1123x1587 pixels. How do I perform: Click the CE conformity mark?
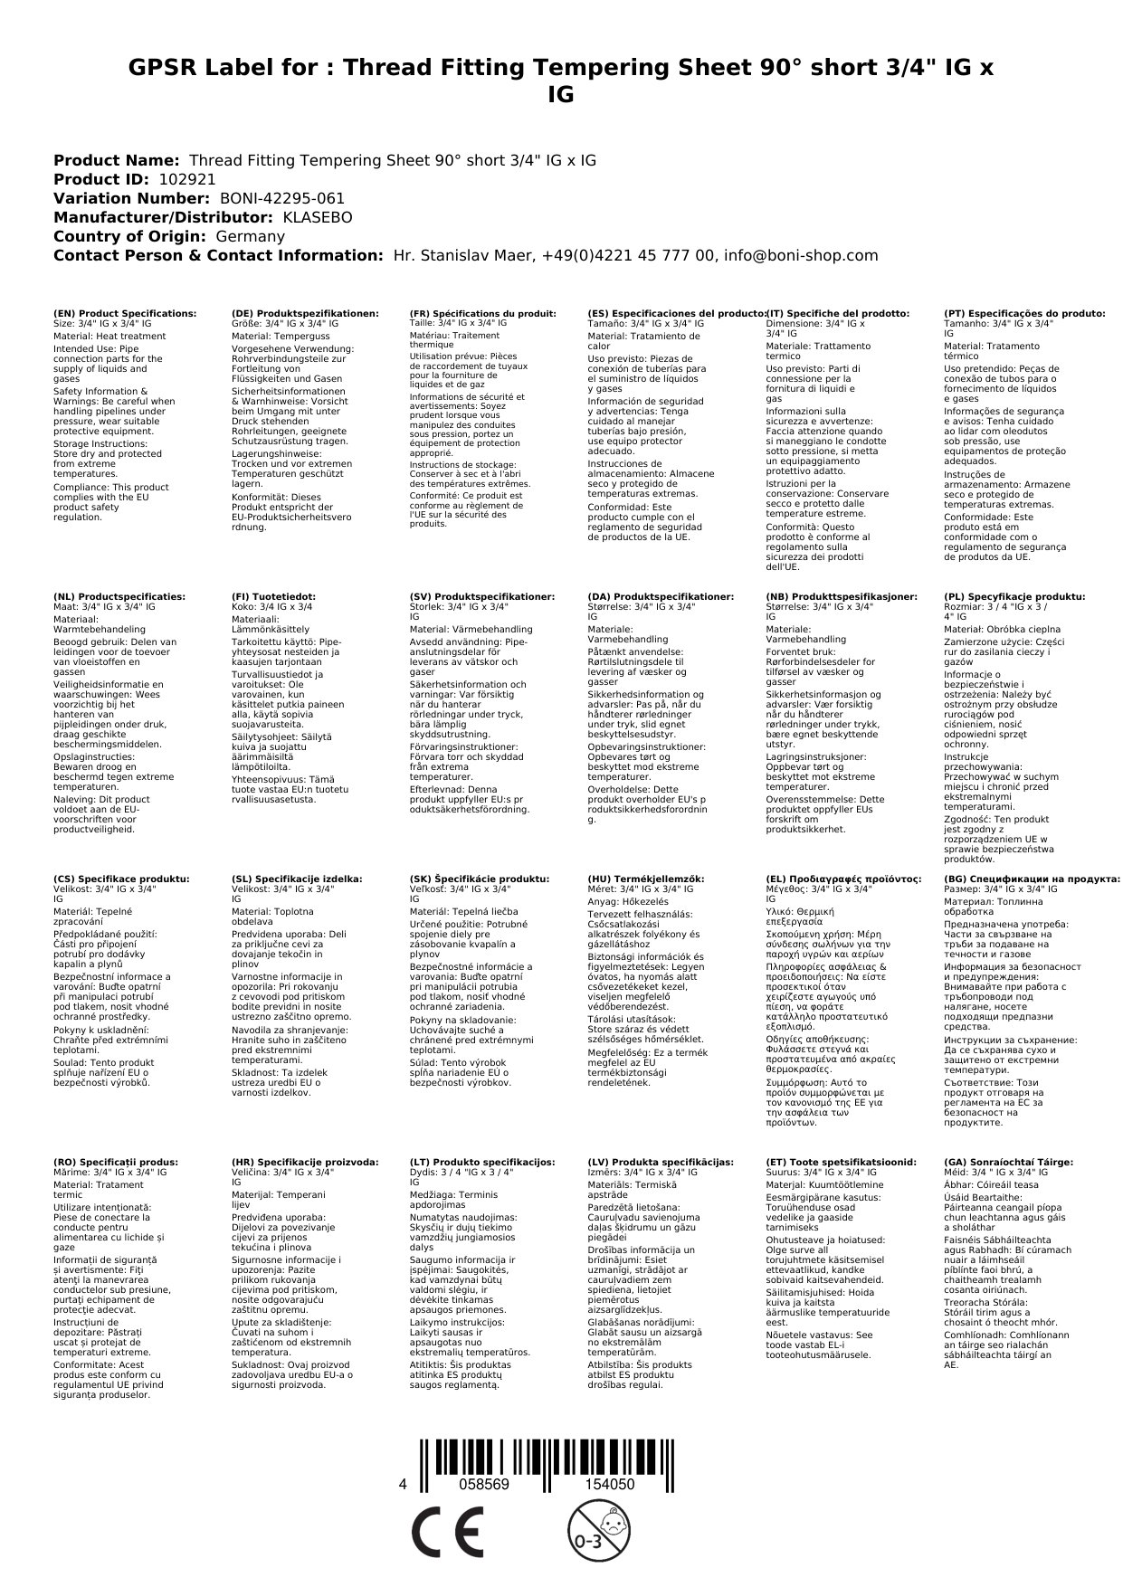coord(447,1534)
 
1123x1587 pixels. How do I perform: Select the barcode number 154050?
coord(609,1485)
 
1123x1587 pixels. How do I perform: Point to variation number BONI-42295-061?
coord(281,198)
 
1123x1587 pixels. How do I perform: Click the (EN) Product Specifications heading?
coord(124,313)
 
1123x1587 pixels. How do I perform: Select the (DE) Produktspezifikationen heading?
coord(305,313)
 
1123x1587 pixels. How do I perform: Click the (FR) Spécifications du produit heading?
coord(482,313)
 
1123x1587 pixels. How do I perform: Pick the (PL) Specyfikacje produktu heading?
coord(1014,597)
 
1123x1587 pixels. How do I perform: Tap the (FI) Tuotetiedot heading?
coord(273,597)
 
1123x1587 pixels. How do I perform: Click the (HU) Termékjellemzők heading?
coord(645,879)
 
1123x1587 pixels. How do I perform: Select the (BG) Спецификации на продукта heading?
coord(1031,879)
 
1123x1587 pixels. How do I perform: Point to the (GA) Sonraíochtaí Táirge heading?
coord(1008,1162)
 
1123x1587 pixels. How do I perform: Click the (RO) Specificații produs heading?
coord(115,1162)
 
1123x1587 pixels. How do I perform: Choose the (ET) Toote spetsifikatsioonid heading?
coord(841,1162)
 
